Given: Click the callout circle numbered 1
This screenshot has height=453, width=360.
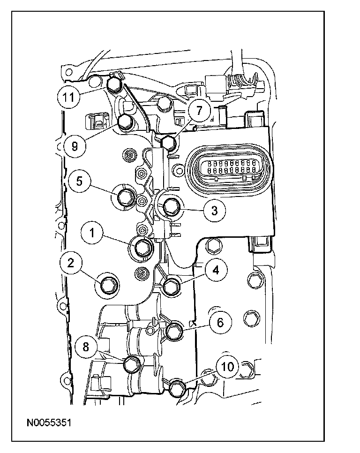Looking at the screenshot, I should pos(93,233).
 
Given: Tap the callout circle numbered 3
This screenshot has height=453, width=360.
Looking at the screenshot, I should pos(214,210).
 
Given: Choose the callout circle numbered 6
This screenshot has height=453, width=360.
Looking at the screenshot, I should pos(220,322).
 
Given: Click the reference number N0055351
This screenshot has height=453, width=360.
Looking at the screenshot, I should pos(49,423).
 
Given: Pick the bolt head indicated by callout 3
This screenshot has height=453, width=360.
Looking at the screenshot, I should pos(169,205).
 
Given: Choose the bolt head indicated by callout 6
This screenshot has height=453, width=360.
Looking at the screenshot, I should pos(174,331).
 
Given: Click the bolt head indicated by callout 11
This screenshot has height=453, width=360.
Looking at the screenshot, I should pos(113,84).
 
